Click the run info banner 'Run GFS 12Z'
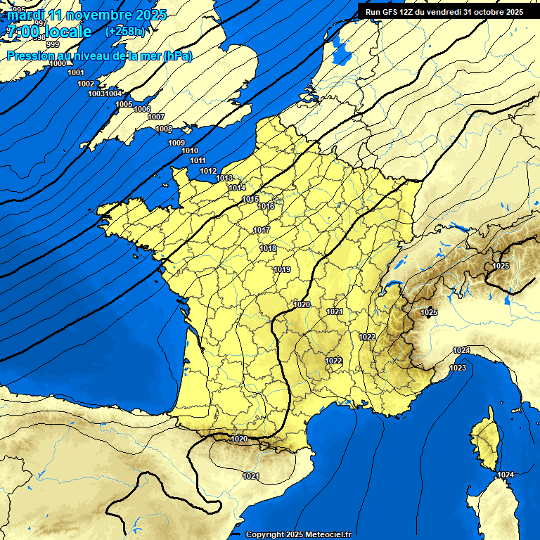[444, 12]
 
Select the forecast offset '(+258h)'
[126, 32]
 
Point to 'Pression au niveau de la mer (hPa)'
[99, 56]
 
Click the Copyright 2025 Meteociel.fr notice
[298, 534]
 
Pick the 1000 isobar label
[58, 64]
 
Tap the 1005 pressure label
[124, 104]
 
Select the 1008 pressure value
[164, 129]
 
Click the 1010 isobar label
[190, 150]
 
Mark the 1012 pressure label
[208, 171]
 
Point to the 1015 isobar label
[250, 199]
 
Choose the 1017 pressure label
[262, 230]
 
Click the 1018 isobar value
[268, 248]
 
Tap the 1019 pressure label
[283, 269]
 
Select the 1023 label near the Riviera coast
[458, 368]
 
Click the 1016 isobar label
[266, 206]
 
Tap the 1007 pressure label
[156, 117]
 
